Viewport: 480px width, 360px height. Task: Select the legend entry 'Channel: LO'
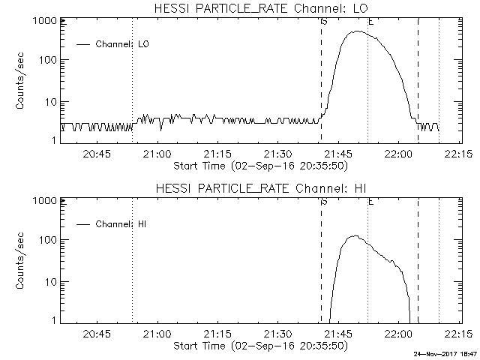123,44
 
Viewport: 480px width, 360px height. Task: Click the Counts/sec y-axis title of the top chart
21,81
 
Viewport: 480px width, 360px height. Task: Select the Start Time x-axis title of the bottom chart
259,346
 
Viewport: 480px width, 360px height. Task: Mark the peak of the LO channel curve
357,31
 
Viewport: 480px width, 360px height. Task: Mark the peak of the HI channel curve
352,235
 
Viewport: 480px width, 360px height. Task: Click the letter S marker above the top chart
324,21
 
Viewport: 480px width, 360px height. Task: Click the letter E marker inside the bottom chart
371,201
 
